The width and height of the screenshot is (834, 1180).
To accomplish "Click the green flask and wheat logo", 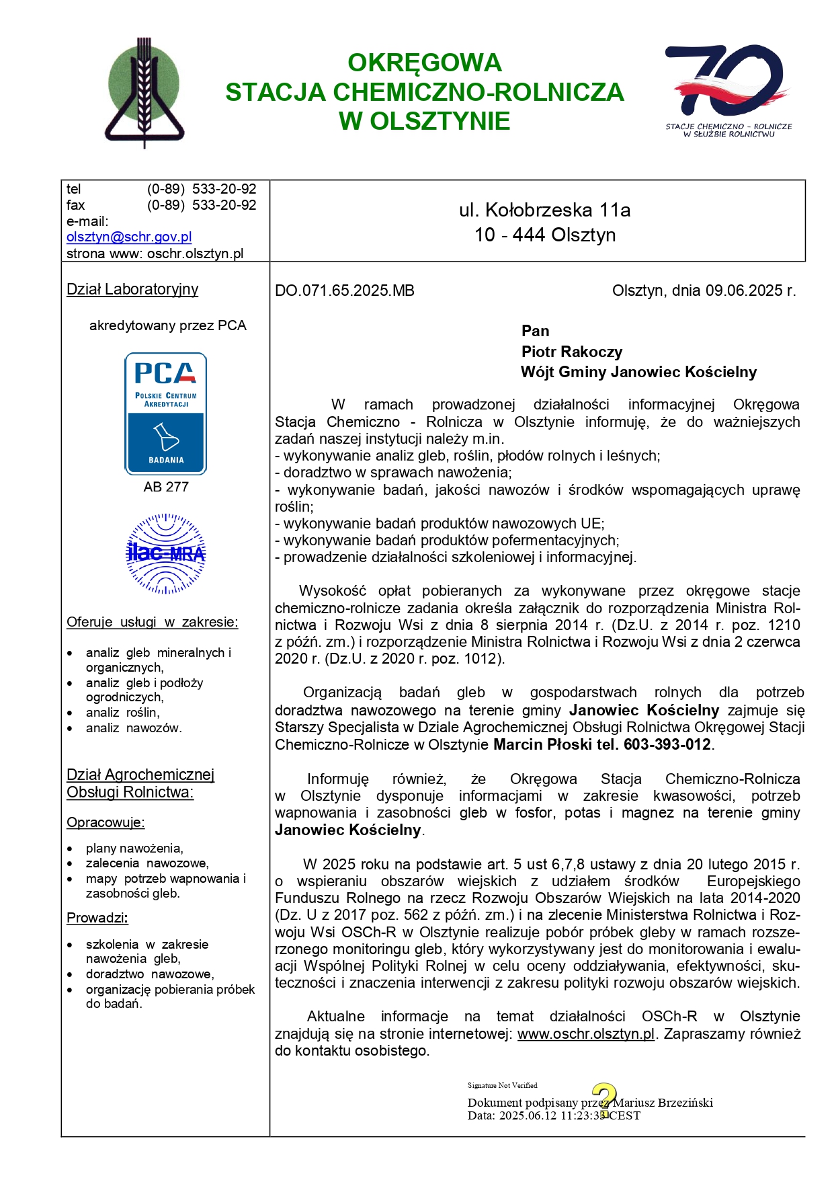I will pyautogui.click(x=144, y=92).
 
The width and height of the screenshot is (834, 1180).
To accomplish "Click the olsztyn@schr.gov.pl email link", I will pyautogui.click(x=129, y=237).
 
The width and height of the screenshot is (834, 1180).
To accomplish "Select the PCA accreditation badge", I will pyautogui.click(x=165, y=413).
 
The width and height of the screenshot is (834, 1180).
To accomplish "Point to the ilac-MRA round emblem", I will pyautogui.click(x=166, y=553).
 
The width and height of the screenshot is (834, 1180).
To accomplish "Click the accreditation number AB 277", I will pyautogui.click(x=166, y=487).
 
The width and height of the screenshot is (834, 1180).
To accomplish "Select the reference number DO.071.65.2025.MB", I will pyautogui.click(x=345, y=290).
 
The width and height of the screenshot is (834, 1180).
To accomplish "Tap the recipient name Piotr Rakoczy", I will pyautogui.click(x=572, y=352).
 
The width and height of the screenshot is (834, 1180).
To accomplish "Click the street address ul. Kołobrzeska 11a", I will pyautogui.click(x=544, y=210).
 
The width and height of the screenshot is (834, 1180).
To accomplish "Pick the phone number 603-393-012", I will pyautogui.click(x=667, y=744).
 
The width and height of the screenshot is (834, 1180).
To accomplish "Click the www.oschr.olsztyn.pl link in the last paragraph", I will pyautogui.click(x=586, y=1033).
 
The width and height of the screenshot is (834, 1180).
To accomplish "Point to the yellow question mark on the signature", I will pyautogui.click(x=604, y=1099).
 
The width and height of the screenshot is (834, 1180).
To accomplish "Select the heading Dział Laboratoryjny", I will pyautogui.click(x=132, y=289).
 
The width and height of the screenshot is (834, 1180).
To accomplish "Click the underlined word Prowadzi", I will pyautogui.click(x=97, y=918).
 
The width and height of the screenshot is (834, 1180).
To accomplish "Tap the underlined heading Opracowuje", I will pyautogui.click(x=106, y=822).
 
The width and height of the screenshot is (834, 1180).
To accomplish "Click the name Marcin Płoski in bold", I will pyautogui.click(x=534, y=744).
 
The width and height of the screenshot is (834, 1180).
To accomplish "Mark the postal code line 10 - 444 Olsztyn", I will pyautogui.click(x=545, y=235).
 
